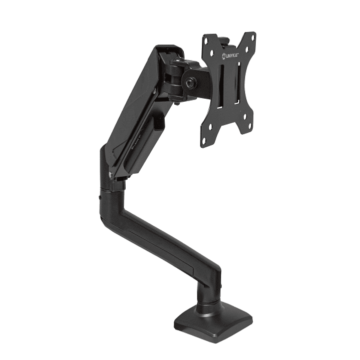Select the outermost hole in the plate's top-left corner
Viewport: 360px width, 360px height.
click(x=207, y=40)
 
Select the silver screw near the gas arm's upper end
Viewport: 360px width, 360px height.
click(x=155, y=90)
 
